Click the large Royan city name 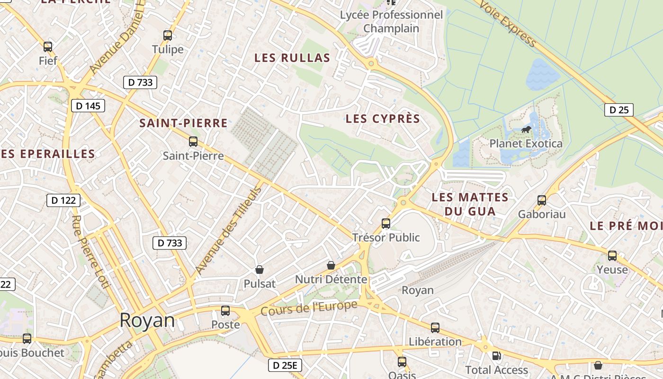pos(147,321)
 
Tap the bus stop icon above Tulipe pos(167,36)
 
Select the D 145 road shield pos(88,106)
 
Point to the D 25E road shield pos(285,365)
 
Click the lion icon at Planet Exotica pos(526,129)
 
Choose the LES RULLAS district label pos(292,58)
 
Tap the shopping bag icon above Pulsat pos(259,270)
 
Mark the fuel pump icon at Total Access pos(496,356)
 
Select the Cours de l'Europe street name pos(309,308)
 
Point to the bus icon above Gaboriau pos(542,200)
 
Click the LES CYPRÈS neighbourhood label pos(383,118)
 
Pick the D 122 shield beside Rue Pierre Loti pos(63,200)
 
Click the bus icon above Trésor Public pos(386,224)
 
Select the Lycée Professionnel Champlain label pos(391,21)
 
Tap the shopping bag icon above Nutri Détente pos(331,265)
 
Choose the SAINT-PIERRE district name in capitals pos(183,123)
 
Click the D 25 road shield pos(618,110)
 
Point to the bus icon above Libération pos(435,328)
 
